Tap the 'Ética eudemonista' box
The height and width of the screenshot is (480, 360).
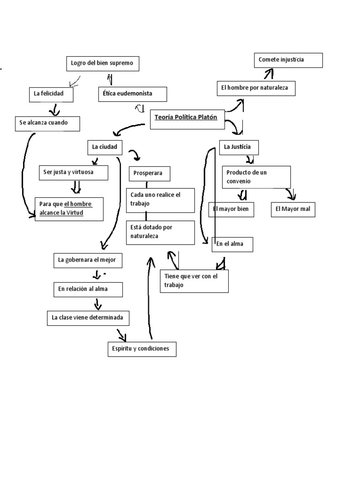click(x=132, y=94)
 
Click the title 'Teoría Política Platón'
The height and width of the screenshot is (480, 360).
click(x=187, y=118)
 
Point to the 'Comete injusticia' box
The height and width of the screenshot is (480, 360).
click(x=288, y=60)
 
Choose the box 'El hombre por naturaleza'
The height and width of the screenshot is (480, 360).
click(x=256, y=88)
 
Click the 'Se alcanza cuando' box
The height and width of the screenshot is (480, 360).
click(x=47, y=123)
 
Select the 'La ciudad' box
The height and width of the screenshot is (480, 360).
click(x=105, y=147)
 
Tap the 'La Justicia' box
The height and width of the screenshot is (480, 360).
click(x=239, y=147)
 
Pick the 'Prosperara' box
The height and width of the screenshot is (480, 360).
click(x=150, y=173)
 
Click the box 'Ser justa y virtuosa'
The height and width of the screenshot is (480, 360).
click(x=73, y=172)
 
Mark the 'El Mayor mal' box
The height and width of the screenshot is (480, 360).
click(x=293, y=210)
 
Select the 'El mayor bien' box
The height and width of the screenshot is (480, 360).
click(x=231, y=210)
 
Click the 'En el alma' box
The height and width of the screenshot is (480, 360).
click(x=233, y=244)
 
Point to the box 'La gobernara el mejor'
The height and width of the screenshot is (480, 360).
click(x=87, y=260)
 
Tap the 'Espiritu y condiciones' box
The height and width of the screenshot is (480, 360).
click(x=142, y=349)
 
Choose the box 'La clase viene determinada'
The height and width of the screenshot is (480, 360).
click(x=89, y=318)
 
